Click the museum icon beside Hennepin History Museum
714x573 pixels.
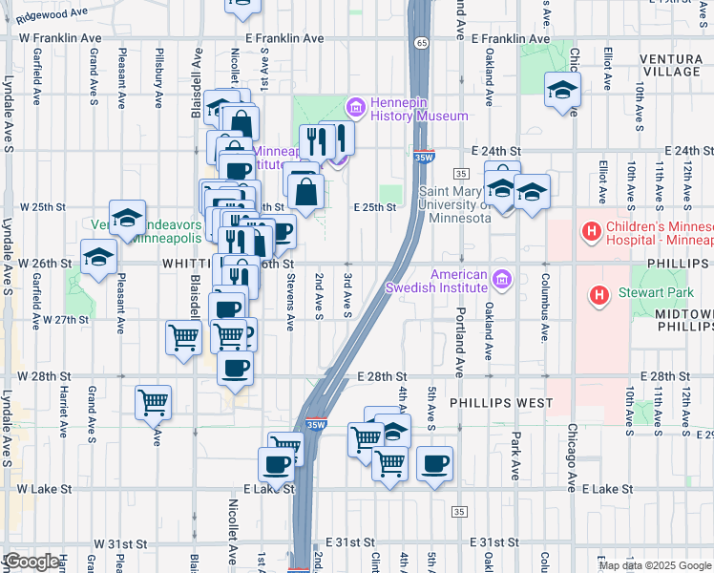pos(357,107)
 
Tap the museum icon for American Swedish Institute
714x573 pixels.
pos(502,281)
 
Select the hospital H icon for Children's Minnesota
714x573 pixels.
pos(592,231)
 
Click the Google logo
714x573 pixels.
pos(31,562)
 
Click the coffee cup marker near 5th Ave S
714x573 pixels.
pos(435,464)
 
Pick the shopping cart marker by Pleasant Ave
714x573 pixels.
pos(153,402)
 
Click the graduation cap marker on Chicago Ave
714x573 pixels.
pos(563,91)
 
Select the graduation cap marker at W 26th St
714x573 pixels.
pos(97,258)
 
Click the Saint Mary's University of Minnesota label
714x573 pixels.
pos(455,203)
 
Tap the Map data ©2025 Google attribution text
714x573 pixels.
pos(654,565)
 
